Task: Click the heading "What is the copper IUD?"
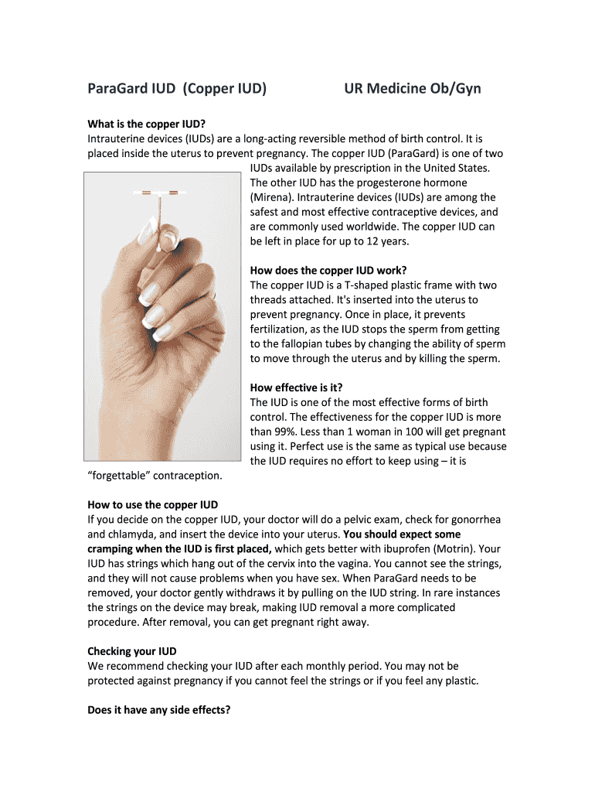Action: (x=147, y=124)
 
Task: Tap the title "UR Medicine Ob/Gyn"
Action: (x=412, y=88)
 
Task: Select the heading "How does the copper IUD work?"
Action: (x=327, y=271)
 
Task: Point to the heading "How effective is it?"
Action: (x=296, y=387)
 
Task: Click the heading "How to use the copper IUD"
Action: (x=153, y=505)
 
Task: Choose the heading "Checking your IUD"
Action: (x=132, y=651)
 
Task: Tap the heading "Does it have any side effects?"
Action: (x=159, y=709)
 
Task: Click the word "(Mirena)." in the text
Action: (x=273, y=197)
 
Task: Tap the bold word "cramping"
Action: (x=114, y=549)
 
